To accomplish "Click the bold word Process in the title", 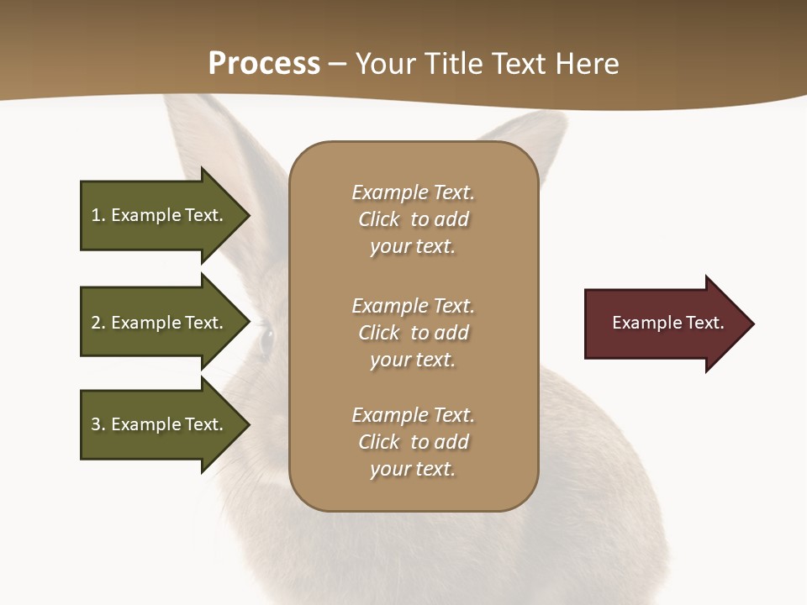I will point(264,64).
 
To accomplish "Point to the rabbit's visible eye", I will point(267,339).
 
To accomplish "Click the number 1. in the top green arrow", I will point(98,215).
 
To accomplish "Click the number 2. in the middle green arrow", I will point(98,323).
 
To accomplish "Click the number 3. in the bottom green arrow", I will point(98,424).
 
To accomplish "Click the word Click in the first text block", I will point(379,220).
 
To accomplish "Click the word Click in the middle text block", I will point(379,333).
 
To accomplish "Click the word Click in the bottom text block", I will point(379,442).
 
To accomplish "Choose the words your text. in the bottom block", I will point(413,470).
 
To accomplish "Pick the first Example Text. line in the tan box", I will point(413,192).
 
